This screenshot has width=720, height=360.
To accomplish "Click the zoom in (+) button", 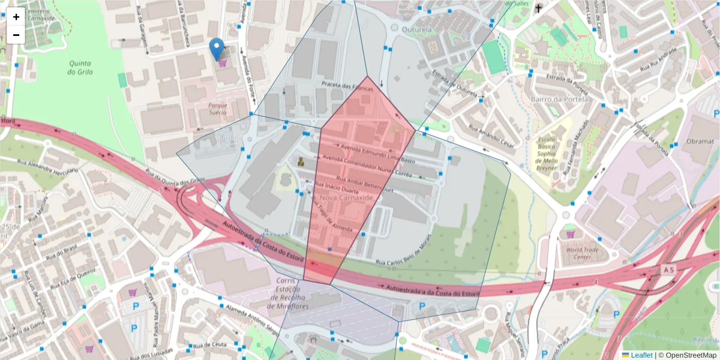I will click(x=16, y=17).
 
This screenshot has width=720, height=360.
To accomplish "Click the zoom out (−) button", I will click(x=16, y=35).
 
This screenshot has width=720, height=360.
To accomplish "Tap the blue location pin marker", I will click(x=217, y=49).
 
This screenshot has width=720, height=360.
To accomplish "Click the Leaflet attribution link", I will click(x=641, y=355).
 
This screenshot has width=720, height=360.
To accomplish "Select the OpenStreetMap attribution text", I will click(x=688, y=355).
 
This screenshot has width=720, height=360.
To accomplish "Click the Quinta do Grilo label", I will click(x=80, y=68).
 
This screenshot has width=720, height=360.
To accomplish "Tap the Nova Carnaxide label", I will click(x=347, y=197).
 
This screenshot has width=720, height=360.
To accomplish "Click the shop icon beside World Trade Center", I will click(x=569, y=233).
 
